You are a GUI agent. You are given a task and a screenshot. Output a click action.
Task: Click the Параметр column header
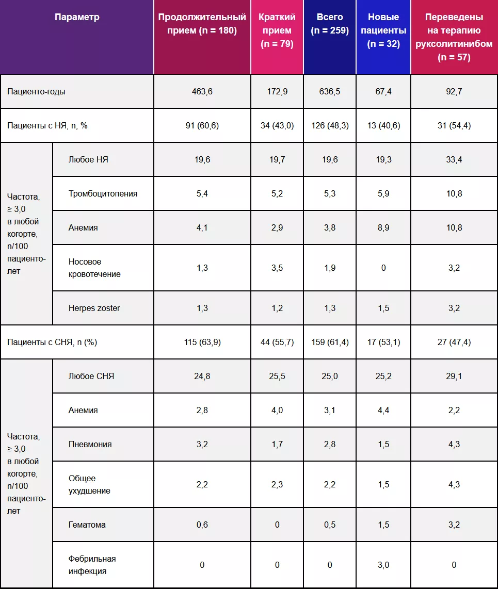coord(77,17)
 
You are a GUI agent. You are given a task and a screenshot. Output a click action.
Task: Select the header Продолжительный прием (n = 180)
coord(202,24)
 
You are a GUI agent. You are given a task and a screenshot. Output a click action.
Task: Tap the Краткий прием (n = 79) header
coord(277,30)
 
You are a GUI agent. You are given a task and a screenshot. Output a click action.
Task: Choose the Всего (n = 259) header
coord(330,24)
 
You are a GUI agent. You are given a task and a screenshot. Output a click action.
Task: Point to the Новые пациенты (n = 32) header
coord(383,30)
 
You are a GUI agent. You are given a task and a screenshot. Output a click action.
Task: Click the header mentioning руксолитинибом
coord(454,37)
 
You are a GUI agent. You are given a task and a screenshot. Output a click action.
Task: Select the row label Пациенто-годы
coord(36,91)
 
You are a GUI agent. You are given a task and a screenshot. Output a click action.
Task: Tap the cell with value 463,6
coord(202,91)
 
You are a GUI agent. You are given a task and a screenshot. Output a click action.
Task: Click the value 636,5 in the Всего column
coord(330,91)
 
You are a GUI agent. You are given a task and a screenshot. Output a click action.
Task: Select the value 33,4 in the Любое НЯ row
coord(454,159)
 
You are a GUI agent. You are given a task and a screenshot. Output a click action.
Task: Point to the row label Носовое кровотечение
coord(94,268)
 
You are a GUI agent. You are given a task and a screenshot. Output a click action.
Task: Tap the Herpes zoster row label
coord(94,308)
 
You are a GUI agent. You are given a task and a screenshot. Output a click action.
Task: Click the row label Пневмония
coord(90,444)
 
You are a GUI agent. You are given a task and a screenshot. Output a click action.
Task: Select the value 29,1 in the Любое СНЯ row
coord(454,376)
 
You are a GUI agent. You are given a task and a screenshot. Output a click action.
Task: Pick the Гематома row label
coord(87,525)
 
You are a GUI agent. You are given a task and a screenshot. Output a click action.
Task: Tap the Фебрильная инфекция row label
coord(92,565)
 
